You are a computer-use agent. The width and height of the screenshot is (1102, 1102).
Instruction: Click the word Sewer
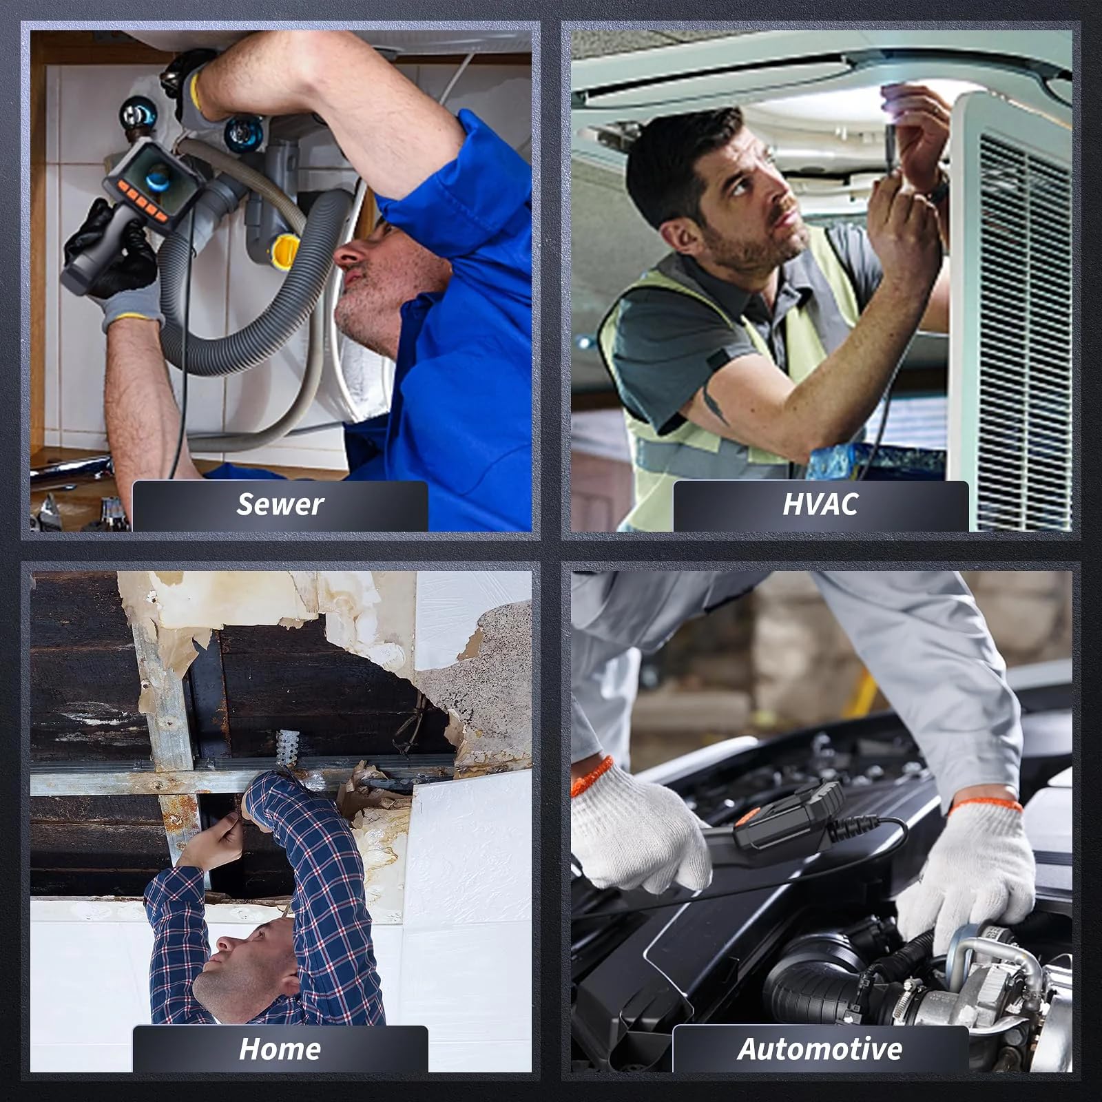(x=280, y=505)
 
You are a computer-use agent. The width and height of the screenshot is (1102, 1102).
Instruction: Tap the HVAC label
(x=820, y=505)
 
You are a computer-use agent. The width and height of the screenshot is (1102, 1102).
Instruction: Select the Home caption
(x=280, y=1049)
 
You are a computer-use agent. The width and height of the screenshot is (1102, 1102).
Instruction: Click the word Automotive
(x=820, y=1049)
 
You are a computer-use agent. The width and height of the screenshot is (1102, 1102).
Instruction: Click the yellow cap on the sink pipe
(x=284, y=251)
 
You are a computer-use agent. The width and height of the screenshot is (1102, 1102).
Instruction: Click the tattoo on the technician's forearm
(x=714, y=406)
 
